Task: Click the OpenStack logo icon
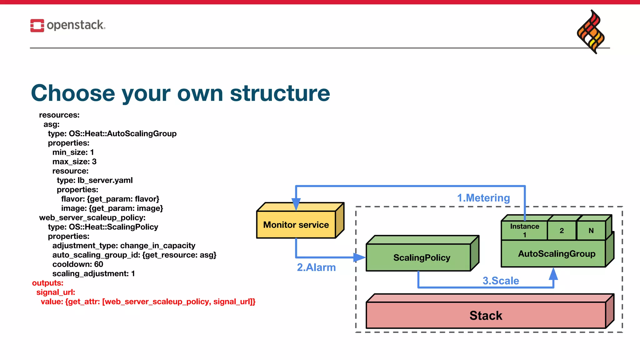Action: pos(37,25)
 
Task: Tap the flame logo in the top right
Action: pos(591,32)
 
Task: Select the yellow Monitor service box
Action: pos(296,225)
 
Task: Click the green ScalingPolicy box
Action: pos(421,257)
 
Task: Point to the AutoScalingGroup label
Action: pos(557,253)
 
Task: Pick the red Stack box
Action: pos(486,315)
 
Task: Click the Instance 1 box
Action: pos(524,230)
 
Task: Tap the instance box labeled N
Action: pos(591,231)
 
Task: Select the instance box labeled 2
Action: pos(562,231)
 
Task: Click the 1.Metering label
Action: pos(483,198)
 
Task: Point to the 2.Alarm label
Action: pos(316,267)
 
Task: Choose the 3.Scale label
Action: pos(501,281)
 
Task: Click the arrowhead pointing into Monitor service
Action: pos(296,204)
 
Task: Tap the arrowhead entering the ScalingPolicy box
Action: pos(360,257)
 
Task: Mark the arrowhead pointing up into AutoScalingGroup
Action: pos(553,274)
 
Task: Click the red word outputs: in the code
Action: pos(47,283)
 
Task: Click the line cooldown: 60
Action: pos(77,264)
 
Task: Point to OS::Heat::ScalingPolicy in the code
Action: pos(113,227)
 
